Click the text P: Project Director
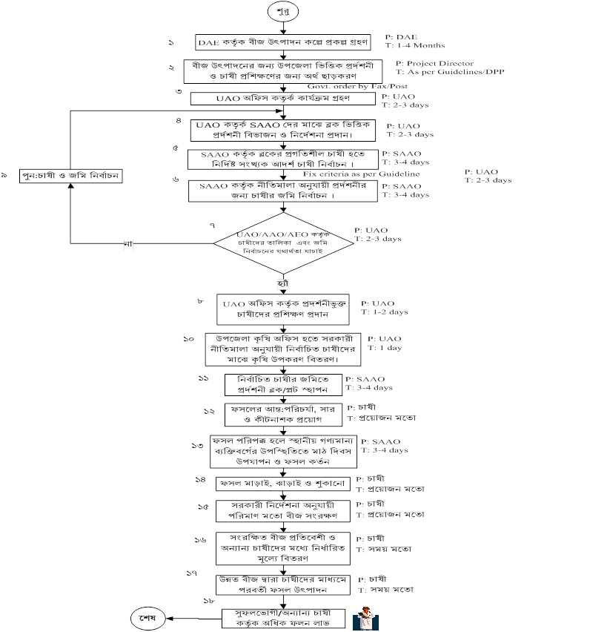click(434, 64)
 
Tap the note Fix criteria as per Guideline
click(362, 174)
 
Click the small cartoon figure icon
click(365, 617)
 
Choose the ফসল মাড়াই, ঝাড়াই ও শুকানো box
click(281, 483)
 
